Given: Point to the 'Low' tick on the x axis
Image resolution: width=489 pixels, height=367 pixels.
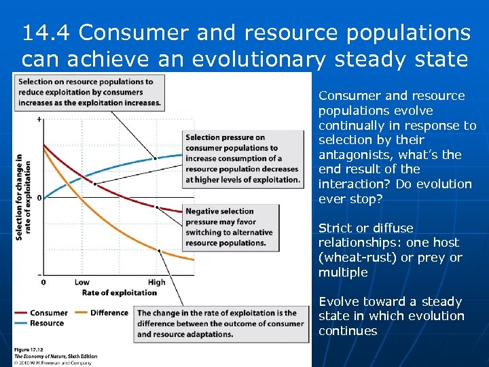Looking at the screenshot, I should point(81,282).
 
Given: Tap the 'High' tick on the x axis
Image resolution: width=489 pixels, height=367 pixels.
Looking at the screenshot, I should point(156,282).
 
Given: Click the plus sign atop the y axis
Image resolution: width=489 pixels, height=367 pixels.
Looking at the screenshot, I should point(39,120).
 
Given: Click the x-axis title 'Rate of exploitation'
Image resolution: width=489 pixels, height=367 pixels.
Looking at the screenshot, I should point(119,293).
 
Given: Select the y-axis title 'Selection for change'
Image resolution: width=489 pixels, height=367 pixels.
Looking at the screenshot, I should point(21,197).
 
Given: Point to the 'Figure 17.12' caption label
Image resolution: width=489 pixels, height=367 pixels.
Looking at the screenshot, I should point(31,349).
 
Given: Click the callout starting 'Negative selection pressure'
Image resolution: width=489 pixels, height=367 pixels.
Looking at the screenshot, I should point(230,227).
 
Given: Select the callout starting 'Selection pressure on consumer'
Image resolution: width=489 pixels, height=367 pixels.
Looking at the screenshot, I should point(242,158).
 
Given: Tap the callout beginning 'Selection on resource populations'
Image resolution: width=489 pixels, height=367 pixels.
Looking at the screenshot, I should point(90,92).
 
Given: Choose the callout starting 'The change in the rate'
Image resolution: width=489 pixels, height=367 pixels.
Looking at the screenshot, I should point(221,324).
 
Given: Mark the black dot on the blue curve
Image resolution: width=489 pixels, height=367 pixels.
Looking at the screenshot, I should point(156,158).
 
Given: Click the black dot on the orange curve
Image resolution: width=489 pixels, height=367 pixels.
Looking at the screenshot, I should point(159,250).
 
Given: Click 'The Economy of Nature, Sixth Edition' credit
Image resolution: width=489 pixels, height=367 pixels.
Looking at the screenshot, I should point(56,356).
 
